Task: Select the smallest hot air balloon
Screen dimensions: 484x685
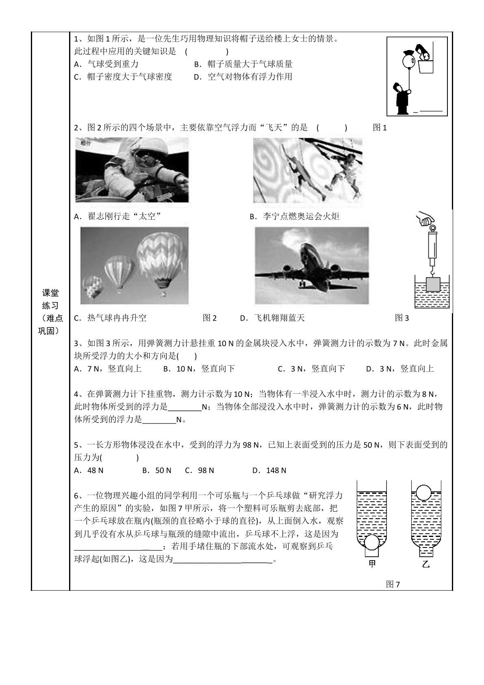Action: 93,286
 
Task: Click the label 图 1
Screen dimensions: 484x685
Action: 380,128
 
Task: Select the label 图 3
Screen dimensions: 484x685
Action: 402,318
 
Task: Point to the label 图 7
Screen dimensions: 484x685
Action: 393,585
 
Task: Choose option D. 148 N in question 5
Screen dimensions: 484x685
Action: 269,470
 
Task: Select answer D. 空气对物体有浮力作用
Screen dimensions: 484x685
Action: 243,77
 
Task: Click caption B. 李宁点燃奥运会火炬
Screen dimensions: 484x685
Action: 294,216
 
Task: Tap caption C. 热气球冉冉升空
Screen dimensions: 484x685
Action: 110,318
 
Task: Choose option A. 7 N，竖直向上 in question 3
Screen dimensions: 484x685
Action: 108,369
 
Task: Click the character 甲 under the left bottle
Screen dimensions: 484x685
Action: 372,564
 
